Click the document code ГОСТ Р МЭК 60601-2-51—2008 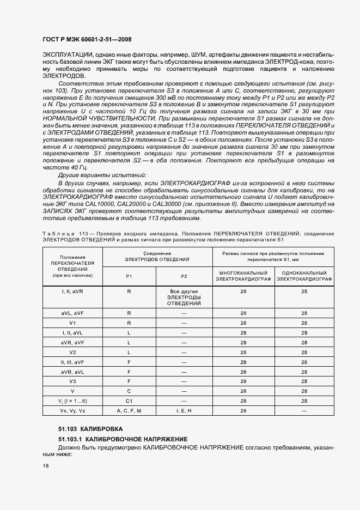pyautogui.click(x=87, y=39)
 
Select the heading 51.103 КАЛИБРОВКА pyautogui.click(x=90, y=429)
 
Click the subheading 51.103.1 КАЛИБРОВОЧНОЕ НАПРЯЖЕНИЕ pyautogui.click(x=123, y=439)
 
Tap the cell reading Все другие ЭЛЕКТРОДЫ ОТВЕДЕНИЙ pyautogui.click(x=184, y=297)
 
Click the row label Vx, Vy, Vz pyautogui.click(x=72, y=410)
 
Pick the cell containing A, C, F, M pyautogui.click(x=129, y=410)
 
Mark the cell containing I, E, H pyautogui.click(x=184, y=410)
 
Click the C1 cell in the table pyautogui.click(x=129, y=400)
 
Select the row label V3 pyautogui.click(x=72, y=381)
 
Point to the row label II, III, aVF pyautogui.click(x=72, y=361)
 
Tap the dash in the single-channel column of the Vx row pyautogui.click(x=304, y=410)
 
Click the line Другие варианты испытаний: pyautogui.click(x=102, y=175)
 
